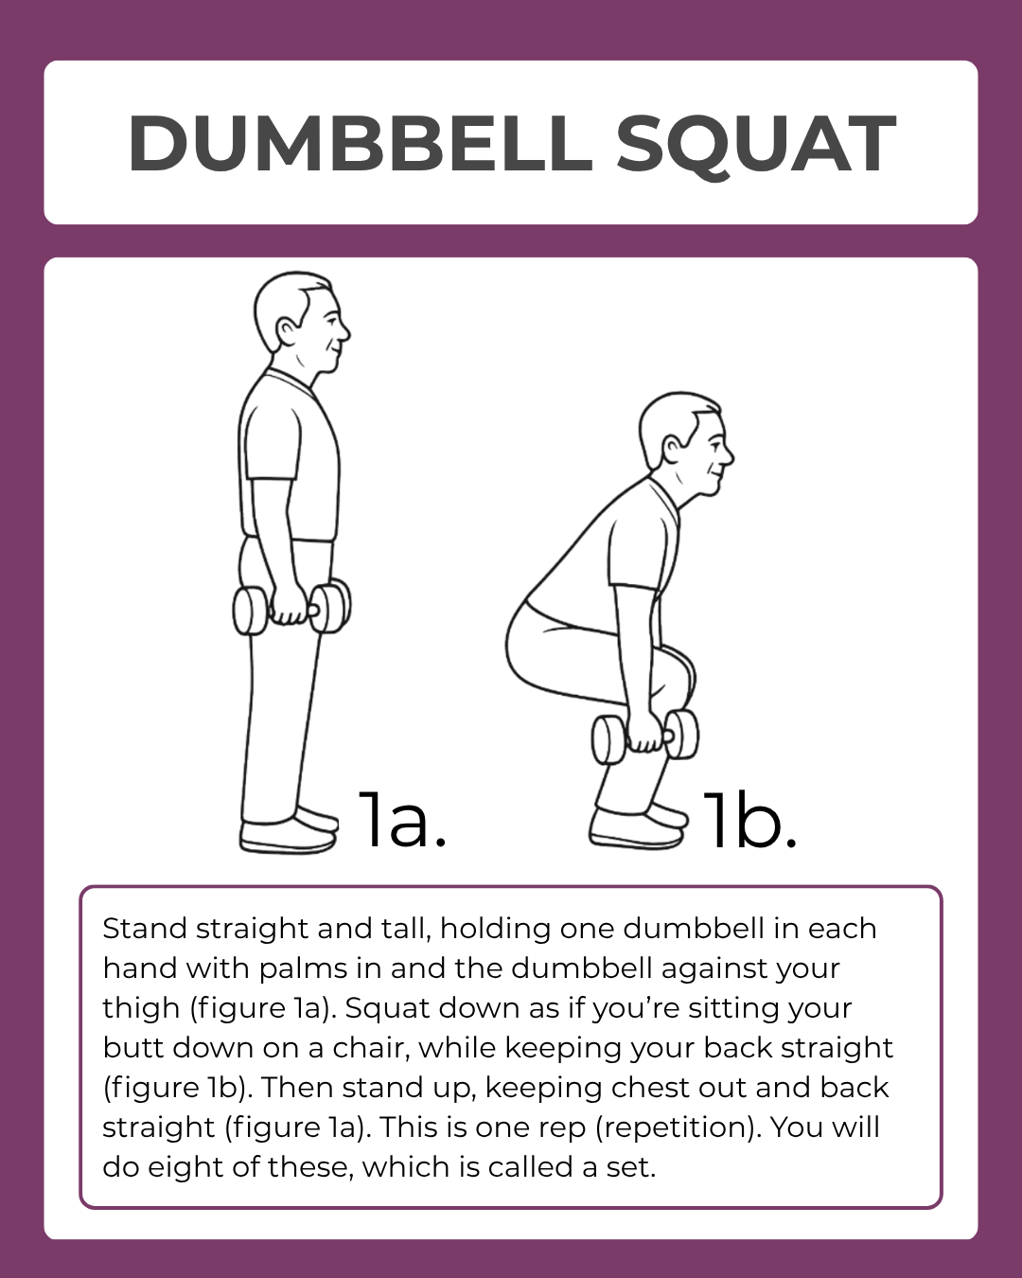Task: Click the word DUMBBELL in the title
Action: pyautogui.click(x=360, y=144)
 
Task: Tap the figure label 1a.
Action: pyautogui.click(x=401, y=819)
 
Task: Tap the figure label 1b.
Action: pyautogui.click(x=749, y=820)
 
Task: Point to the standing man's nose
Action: pyautogui.click(x=344, y=331)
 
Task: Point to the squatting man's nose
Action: pyautogui.click(x=728, y=453)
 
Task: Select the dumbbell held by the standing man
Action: pyautogui.click(x=291, y=609)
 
